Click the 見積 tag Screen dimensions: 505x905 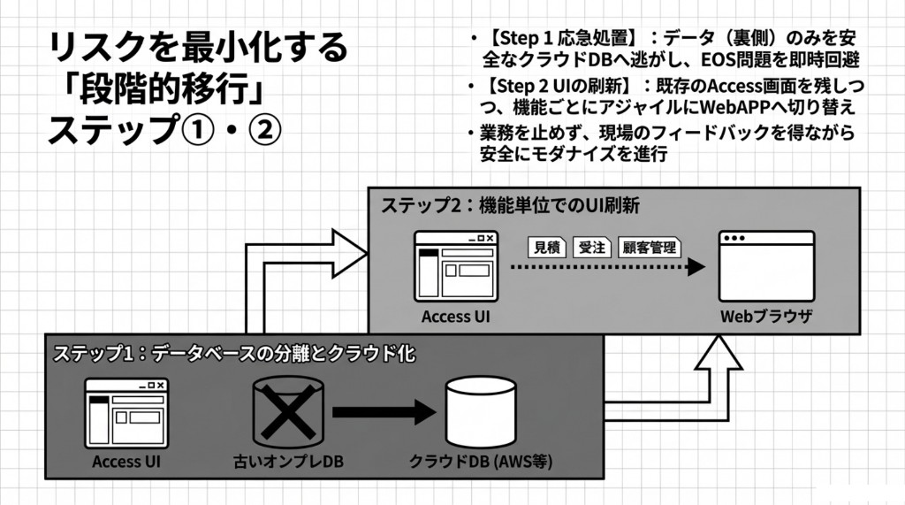(549, 247)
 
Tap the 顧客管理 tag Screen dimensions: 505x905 (650, 247)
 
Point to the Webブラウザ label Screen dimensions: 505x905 (766, 316)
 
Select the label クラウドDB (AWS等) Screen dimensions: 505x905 (482, 462)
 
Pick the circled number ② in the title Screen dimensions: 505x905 (264, 130)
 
